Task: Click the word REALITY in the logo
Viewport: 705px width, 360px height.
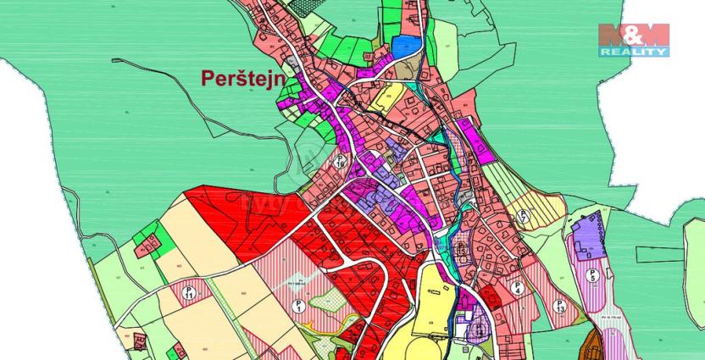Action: coord(634,53)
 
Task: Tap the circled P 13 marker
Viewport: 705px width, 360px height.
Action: coord(559,306)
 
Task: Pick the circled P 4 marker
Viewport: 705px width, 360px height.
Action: coord(516,288)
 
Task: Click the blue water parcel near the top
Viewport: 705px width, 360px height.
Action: coord(408,46)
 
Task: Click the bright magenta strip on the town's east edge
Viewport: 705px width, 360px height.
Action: coord(474,140)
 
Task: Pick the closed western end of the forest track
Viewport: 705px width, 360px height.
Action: coord(115,61)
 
